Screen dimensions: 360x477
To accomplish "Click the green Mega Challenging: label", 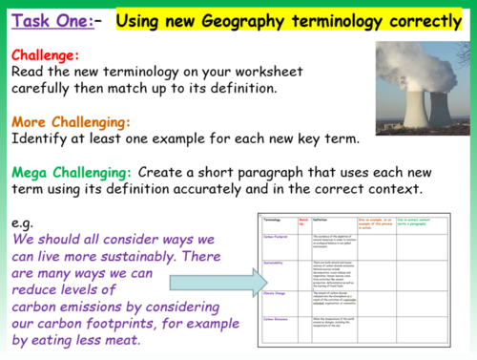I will click(x=72, y=173).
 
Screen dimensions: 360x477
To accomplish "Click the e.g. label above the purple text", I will click(x=24, y=222).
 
